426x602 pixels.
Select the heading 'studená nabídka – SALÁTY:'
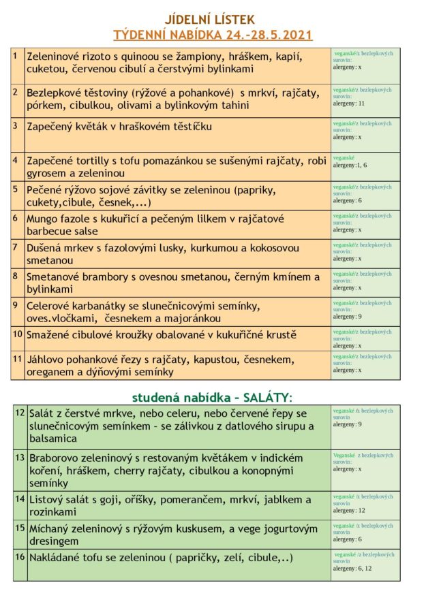click(x=212, y=397)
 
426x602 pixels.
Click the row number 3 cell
click(x=16, y=125)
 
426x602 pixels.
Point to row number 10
click(x=18, y=334)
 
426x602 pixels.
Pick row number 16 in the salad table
click(x=20, y=556)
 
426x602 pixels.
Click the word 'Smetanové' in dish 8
click(x=55, y=277)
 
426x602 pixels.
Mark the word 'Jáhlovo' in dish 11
click(x=47, y=359)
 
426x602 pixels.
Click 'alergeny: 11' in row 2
click(x=350, y=104)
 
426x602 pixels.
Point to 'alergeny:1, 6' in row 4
click(x=350, y=165)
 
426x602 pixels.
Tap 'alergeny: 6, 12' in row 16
click(x=352, y=568)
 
